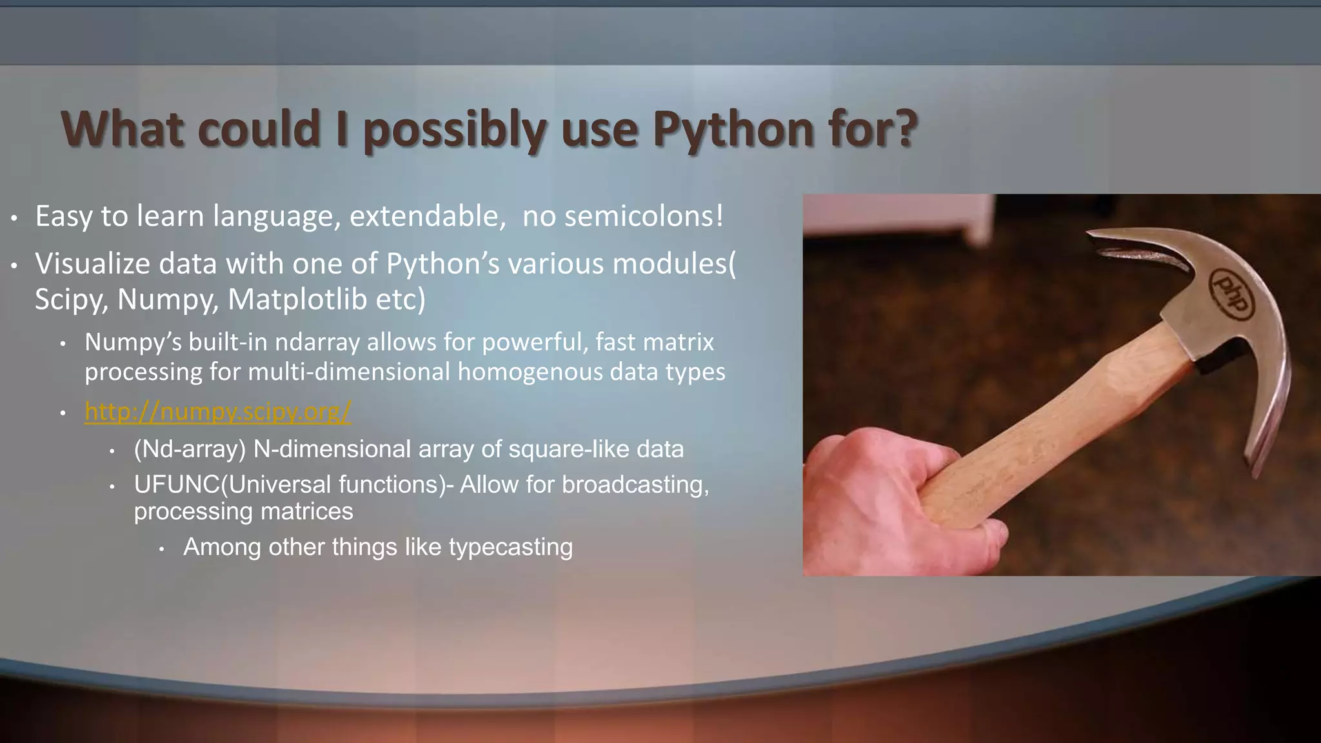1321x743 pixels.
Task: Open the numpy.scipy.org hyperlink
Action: (x=217, y=411)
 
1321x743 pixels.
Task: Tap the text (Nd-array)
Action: (x=190, y=449)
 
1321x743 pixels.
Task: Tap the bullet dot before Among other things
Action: (x=162, y=549)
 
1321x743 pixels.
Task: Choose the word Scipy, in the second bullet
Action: (x=71, y=299)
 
